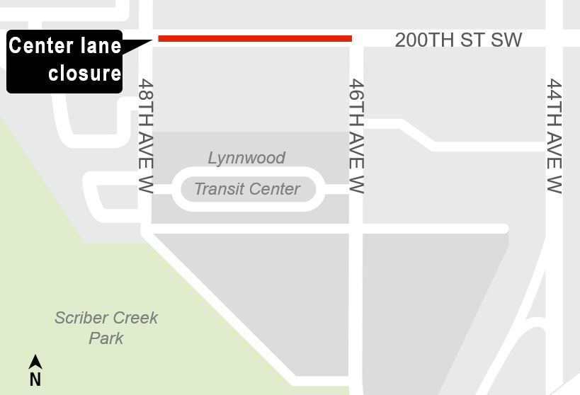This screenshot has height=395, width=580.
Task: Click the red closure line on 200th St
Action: tap(255, 38)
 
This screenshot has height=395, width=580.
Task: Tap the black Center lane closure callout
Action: tap(65, 62)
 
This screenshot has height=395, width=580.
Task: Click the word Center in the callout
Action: tap(41, 46)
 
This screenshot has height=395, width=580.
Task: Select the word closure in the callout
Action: tap(84, 73)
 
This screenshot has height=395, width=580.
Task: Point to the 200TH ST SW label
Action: tap(458, 40)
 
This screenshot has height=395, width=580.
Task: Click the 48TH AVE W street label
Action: tap(146, 136)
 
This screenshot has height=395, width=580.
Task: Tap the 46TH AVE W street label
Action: tap(356, 136)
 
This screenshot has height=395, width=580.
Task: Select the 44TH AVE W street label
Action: tap(554, 136)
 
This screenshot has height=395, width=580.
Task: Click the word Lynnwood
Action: tap(246, 158)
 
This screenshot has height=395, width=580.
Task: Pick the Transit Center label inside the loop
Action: tap(247, 189)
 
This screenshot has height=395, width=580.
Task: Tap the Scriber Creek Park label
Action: tap(106, 328)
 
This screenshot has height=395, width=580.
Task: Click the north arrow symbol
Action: tap(35, 362)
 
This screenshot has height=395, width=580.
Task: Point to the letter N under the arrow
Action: tap(35, 380)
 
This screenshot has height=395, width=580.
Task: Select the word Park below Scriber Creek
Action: tap(106, 338)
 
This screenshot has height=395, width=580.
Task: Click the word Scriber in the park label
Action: tap(80, 318)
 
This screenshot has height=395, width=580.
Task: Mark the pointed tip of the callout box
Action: tap(153, 40)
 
